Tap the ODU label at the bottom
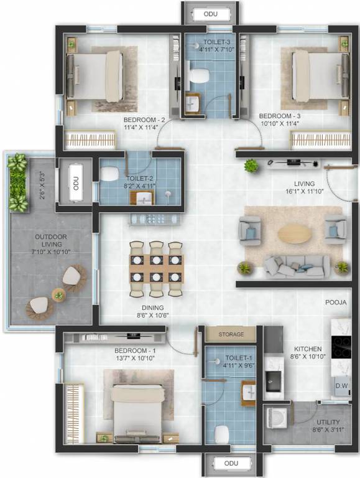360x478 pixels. (x=231, y=464)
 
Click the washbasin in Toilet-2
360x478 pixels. (x=144, y=199)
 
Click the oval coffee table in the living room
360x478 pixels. (x=295, y=233)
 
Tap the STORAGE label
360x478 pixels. (x=231, y=334)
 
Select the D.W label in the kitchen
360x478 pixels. (x=342, y=386)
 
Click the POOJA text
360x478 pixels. (x=336, y=302)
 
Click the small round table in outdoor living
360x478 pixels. (x=58, y=294)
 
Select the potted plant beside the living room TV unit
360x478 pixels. (x=251, y=166)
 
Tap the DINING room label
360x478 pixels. (x=152, y=307)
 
